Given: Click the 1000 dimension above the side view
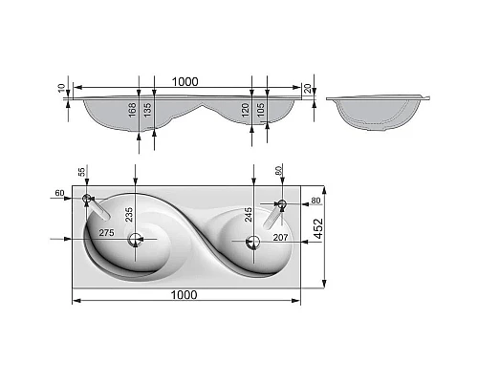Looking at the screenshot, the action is click(x=185, y=82).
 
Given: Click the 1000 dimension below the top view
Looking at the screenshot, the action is click(x=184, y=295).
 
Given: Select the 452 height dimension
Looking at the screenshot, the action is click(x=318, y=228).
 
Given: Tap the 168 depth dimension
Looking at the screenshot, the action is click(x=132, y=110).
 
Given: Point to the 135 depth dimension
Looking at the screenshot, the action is click(x=147, y=110).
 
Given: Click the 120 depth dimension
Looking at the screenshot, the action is click(x=245, y=110).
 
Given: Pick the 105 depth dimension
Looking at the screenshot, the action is click(x=260, y=110).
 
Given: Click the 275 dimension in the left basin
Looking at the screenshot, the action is click(x=106, y=233).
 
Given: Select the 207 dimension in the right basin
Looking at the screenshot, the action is click(x=280, y=237).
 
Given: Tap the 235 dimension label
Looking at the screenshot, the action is click(x=129, y=215).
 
